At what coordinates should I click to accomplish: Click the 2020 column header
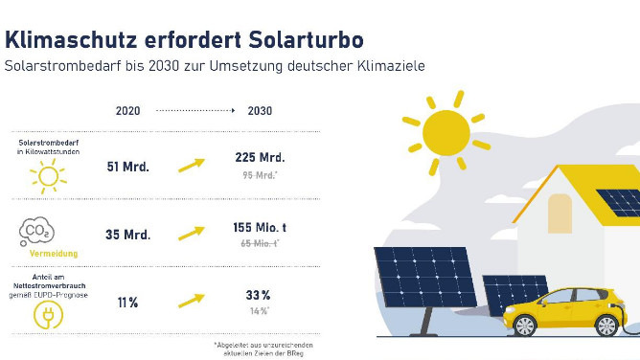click(x=127, y=111)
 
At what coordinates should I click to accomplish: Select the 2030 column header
click(x=259, y=111)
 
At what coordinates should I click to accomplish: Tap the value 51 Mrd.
click(x=127, y=166)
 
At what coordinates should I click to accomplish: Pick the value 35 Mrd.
click(x=127, y=235)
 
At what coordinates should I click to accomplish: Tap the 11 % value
click(x=127, y=303)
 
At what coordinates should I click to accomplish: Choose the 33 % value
click(x=259, y=296)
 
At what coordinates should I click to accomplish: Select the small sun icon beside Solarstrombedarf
click(x=47, y=176)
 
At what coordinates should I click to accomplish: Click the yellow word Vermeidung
click(x=47, y=255)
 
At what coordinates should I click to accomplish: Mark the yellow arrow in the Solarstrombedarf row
click(x=192, y=166)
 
